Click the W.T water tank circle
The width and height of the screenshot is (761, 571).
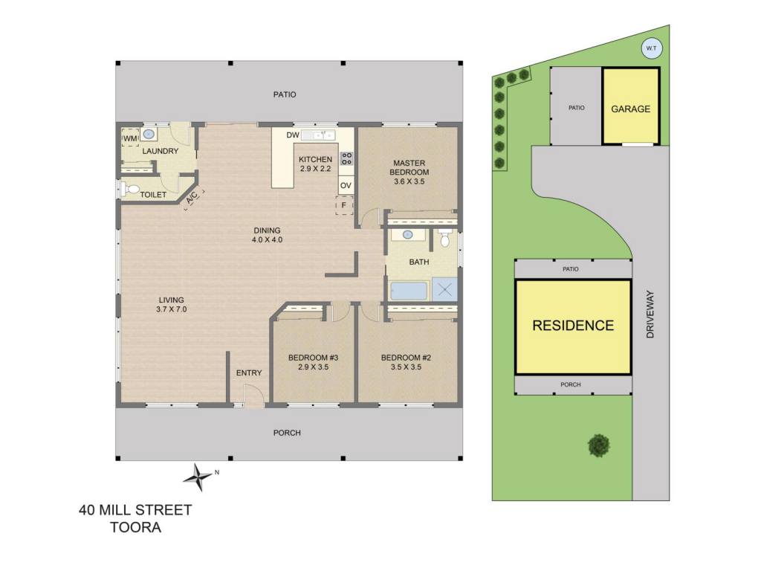click(x=651, y=48)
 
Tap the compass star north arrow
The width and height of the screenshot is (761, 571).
click(x=198, y=477)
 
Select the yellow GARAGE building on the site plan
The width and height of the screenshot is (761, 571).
click(x=631, y=106)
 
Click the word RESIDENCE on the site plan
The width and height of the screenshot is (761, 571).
click(x=573, y=326)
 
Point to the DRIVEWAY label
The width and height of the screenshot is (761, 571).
click(x=650, y=314)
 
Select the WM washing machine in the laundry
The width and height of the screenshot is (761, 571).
click(x=129, y=138)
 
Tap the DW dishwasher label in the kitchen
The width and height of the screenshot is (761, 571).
click(x=293, y=135)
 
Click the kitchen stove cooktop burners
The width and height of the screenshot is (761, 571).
click(x=346, y=158)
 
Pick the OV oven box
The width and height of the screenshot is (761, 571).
click(x=346, y=185)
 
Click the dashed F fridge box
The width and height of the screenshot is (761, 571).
click(x=344, y=205)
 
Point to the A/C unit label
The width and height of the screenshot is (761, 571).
click(x=192, y=198)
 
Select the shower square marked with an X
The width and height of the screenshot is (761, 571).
click(x=444, y=290)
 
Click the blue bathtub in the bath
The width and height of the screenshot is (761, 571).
click(x=409, y=291)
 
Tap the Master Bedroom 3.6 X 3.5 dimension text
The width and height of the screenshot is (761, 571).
click(x=409, y=181)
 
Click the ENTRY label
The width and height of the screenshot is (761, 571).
click(x=249, y=373)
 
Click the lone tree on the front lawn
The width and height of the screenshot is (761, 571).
click(x=599, y=445)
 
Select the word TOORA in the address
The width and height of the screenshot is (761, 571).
click(x=135, y=527)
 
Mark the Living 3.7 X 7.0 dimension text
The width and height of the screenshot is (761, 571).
click(x=172, y=309)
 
